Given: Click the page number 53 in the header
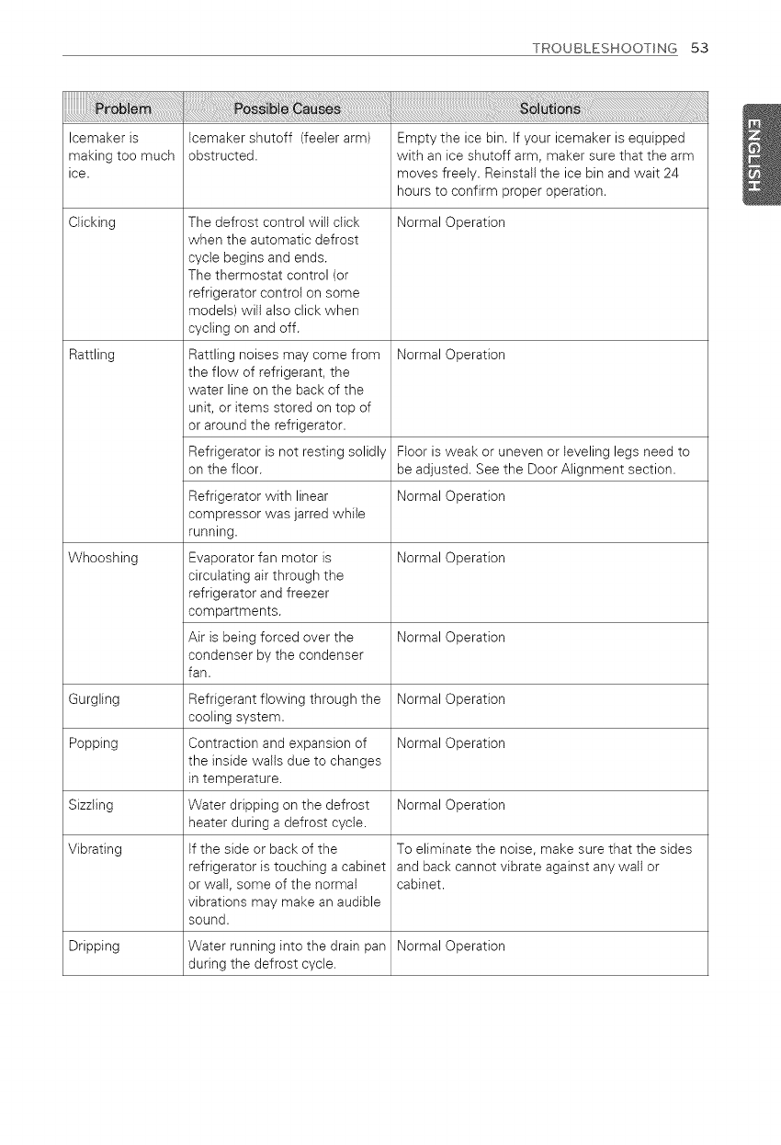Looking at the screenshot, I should tap(700, 48).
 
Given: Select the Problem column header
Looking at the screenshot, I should tap(122, 110).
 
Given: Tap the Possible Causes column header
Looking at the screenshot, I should tap(287, 110).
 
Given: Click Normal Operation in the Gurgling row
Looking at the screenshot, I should tap(451, 699).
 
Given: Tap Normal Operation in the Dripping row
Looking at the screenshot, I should tap(451, 947).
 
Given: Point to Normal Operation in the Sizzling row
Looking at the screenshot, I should tap(451, 805).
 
